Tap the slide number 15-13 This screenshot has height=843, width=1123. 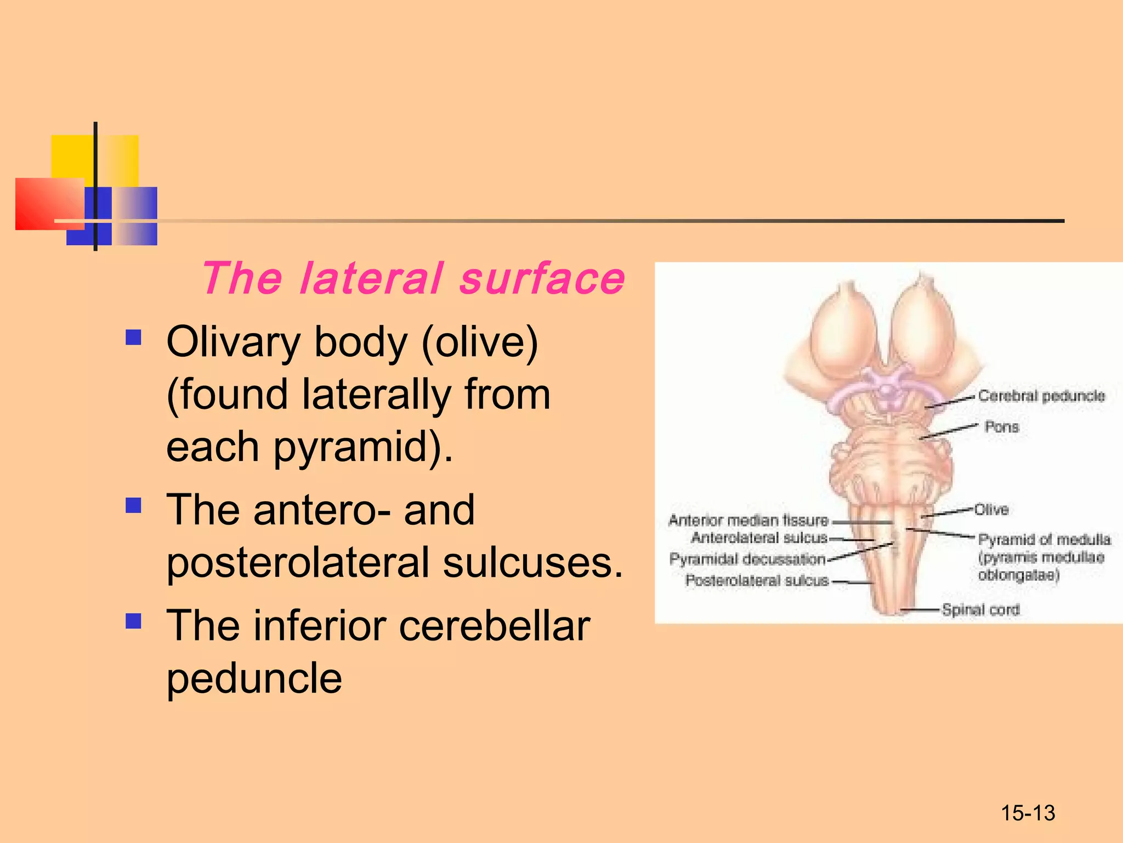(1028, 813)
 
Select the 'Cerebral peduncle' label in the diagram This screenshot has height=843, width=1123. (1041, 396)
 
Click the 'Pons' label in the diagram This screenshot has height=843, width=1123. (1001, 426)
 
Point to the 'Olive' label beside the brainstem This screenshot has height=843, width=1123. (991, 509)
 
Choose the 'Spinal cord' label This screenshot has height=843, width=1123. (980, 609)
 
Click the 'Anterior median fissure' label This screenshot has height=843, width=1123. (748, 520)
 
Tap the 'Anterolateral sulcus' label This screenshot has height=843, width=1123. (759, 537)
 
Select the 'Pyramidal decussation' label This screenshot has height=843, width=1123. (747, 559)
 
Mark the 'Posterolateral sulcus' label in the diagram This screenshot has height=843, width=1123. (757, 580)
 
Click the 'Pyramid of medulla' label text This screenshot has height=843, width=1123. (1044, 539)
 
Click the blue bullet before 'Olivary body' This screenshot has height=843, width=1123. (133, 337)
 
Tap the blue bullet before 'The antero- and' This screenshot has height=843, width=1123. (133, 505)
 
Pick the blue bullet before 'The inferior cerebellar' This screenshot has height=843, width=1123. (133, 621)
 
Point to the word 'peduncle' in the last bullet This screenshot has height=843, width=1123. (254, 678)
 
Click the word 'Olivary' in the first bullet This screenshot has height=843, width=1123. (233, 342)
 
